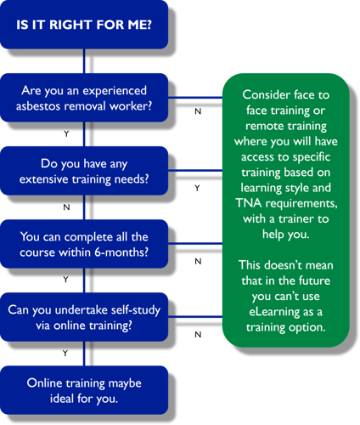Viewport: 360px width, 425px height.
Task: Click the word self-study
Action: coord(136,310)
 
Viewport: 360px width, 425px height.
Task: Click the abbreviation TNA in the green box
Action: coord(248,203)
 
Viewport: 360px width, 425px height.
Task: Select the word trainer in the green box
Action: coord(295,218)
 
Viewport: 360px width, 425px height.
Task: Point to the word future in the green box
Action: coord(314,280)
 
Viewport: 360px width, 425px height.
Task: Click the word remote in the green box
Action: coord(262,126)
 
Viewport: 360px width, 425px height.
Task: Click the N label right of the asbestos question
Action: coord(198,111)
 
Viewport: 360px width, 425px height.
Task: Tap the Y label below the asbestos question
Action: coord(66,133)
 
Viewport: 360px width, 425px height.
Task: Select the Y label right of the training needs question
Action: coord(197,188)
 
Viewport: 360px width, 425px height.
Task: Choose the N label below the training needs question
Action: coord(66,207)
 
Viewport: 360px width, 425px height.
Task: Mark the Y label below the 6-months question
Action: coord(66,280)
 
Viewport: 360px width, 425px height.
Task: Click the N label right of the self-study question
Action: coord(198,335)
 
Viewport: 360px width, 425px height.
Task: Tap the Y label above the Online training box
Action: coord(65,353)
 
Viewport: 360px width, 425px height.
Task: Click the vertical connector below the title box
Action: coord(84,61)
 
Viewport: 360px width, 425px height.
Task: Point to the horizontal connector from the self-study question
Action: coord(195,316)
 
